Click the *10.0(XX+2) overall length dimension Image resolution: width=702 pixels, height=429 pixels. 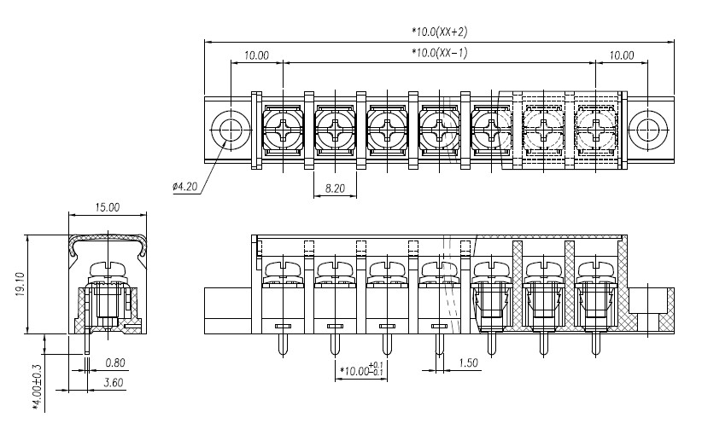pyautogui.click(x=440, y=32)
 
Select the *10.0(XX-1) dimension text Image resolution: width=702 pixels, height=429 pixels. pyautogui.click(x=440, y=53)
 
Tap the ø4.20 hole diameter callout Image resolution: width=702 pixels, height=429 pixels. pyautogui.click(x=185, y=186)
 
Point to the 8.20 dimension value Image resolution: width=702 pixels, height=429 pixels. pyautogui.click(x=335, y=188)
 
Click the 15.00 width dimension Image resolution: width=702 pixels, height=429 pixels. pyautogui.click(x=108, y=207)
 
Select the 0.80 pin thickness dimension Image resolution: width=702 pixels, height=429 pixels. pyautogui.click(x=115, y=362)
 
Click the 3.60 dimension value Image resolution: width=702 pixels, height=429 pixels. pyautogui.click(x=114, y=382)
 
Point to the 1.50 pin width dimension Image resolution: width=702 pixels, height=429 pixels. pyautogui.click(x=468, y=362)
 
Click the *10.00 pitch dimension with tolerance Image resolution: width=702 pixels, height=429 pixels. pyautogui.click(x=362, y=370)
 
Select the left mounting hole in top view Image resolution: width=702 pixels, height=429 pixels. pyautogui.click(x=230, y=130)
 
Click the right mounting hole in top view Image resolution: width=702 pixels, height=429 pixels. pyautogui.click(x=648, y=130)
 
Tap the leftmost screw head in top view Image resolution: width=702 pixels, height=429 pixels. pyautogui.click(x=283, y=130)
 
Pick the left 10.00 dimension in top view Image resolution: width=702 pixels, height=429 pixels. pyautogui.click(x=256, y=55)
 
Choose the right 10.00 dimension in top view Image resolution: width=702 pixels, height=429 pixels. pyautogui.click(x=622, y=55)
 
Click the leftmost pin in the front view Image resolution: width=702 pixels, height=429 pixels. pyautogui.click(x=283, y=345)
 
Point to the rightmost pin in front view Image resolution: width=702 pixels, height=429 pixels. pyautogui.click(x=595, y=345)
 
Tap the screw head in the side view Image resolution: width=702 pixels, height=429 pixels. pyautogui.click(x=108, y=270)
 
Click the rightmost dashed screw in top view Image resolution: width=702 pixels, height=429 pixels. pyautogui.click(x=595, y=130)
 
